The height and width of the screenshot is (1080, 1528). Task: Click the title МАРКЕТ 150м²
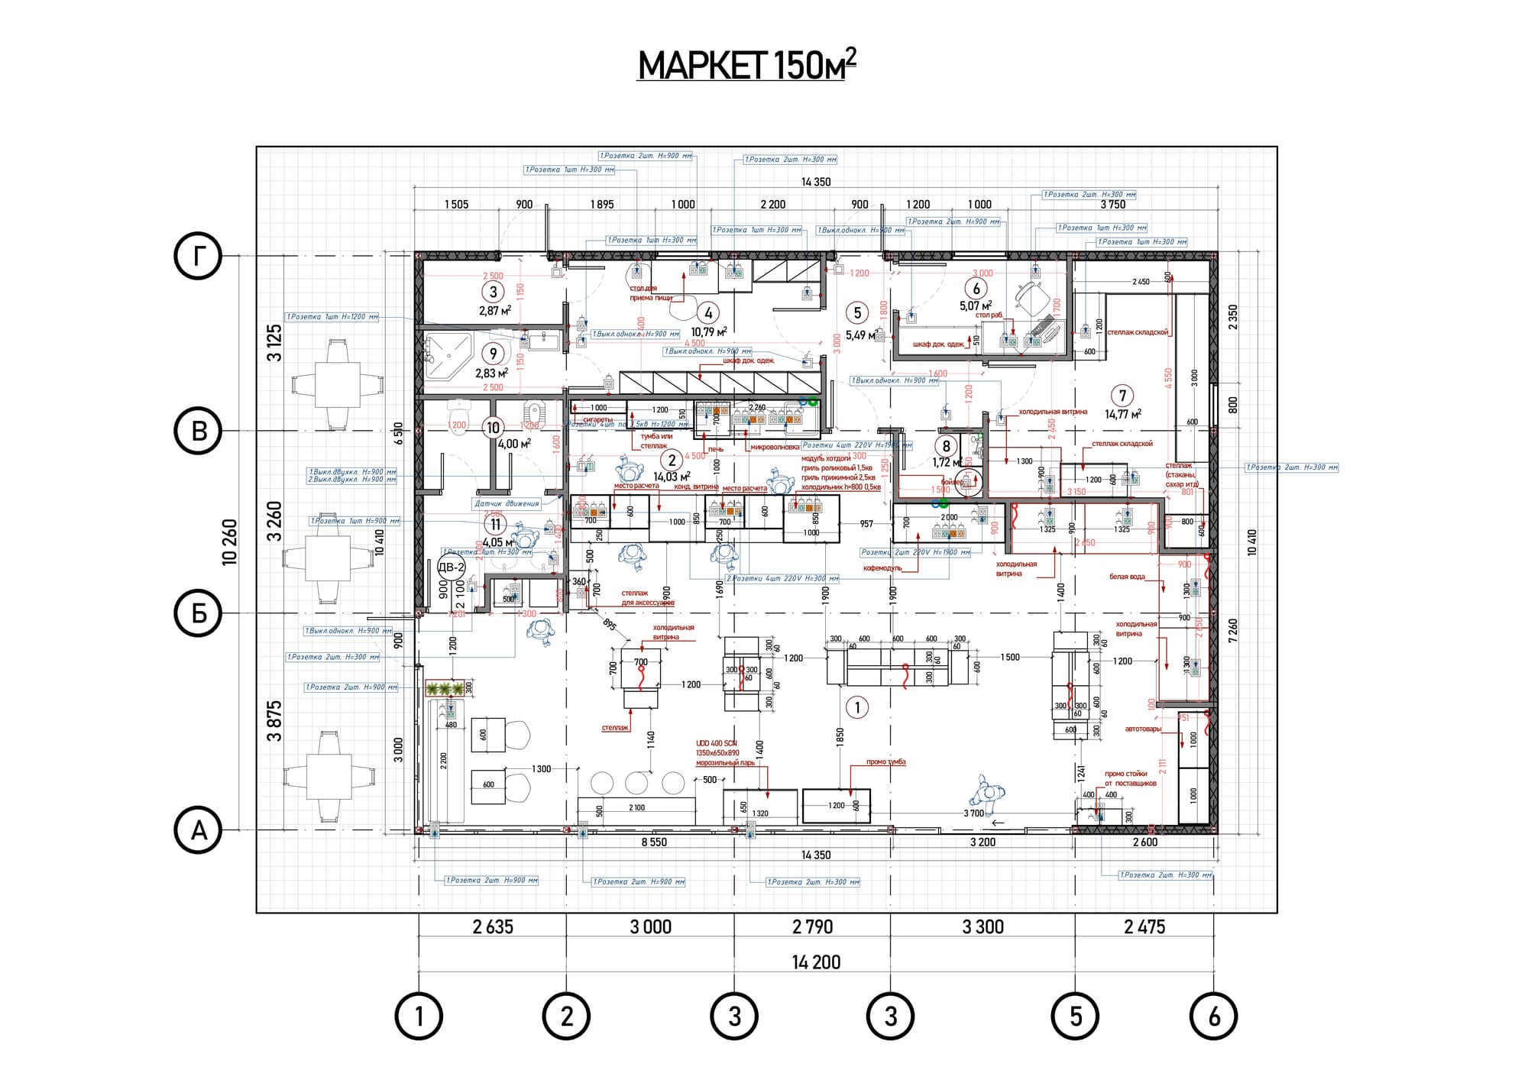click(746, 65)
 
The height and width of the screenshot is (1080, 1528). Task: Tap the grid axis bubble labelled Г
click(198, 256)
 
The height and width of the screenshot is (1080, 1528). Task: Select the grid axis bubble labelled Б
click(198, 613)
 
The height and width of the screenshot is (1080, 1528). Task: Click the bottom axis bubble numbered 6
click(1214, 1017)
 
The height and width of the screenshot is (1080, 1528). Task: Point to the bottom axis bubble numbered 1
click(419, 1017)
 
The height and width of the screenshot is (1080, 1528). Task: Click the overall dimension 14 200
click(816, 962)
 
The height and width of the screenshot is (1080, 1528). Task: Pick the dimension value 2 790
click(812, 927)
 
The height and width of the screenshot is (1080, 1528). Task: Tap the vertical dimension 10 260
click(229, 542)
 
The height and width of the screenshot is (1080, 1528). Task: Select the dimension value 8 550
click(654, 842)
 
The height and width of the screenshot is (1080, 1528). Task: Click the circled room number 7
click(1122, 396)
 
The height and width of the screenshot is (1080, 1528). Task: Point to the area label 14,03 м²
click(672, 477)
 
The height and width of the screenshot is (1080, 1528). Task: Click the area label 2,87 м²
click(494, 311)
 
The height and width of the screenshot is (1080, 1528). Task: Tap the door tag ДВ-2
click(452, 567)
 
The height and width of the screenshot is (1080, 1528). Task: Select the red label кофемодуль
click(882, 568)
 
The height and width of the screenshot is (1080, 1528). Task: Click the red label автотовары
click(1143, 729)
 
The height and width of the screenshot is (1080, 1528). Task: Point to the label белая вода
click(1127, 577)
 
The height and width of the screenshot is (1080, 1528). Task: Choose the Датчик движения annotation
click(507, 503)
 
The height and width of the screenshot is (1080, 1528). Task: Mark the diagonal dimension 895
click(609, 624)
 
